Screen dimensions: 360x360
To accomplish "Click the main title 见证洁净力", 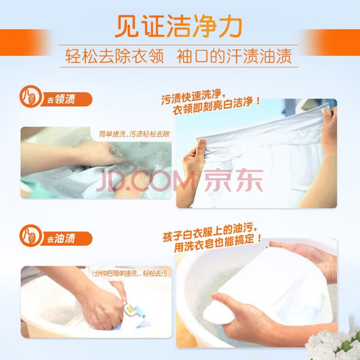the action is (x=178, y=26).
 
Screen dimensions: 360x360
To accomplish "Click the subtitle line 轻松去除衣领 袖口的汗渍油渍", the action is (x=179, y=56).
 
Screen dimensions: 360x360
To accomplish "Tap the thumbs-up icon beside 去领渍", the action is (x=31, y=96).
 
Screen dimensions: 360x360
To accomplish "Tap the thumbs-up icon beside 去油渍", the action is (x=31, y=235).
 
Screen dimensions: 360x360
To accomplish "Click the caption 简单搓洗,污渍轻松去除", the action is (x=134, y=134).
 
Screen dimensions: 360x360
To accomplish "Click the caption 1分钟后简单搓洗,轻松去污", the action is (x=130, y=273).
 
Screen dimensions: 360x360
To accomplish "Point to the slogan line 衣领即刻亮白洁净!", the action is (x=216, y=106).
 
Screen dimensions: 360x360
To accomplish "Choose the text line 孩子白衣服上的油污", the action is (x=210, y=233).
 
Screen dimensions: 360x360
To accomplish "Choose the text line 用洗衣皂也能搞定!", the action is (x=217, y=243).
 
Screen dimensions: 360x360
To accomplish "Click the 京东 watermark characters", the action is (x=234, y=180).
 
